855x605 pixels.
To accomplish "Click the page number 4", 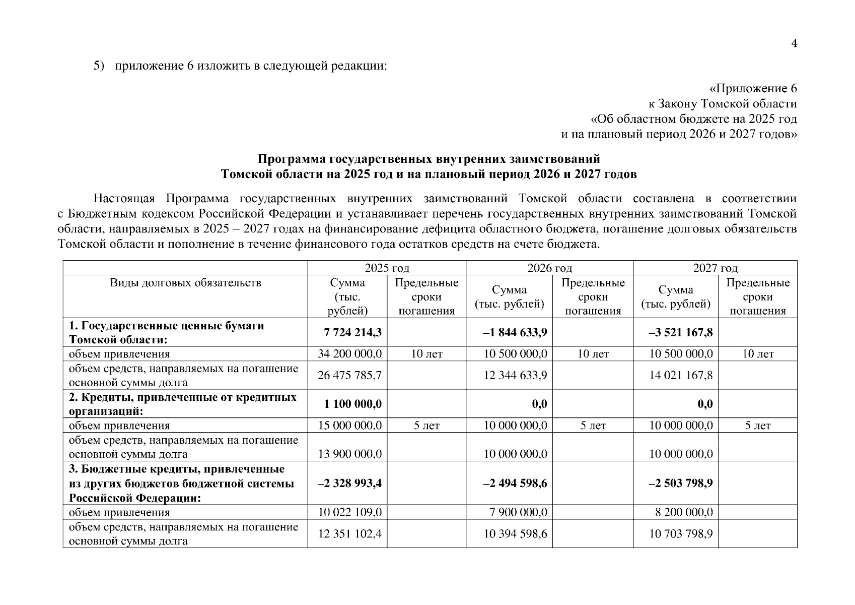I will click(794, 44).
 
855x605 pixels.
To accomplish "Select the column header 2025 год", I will click(387, 268).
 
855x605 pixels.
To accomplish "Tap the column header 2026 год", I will click(549, 268).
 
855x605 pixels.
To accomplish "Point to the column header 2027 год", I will click(715, 268).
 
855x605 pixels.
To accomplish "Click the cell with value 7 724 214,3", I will click(352, 332).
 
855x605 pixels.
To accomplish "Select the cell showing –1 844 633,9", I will click(515, 332).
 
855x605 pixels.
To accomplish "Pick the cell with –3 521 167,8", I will click(680, 332).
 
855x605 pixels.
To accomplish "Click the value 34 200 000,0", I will click(349, 354).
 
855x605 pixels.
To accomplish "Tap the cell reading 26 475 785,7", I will click(349, 376).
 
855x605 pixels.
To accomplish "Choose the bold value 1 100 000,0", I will click(352, 404).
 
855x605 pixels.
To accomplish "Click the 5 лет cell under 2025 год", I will click(426, 426).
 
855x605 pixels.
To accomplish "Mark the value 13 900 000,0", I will click(349, 454).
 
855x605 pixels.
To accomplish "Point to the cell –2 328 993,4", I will click(349, 483).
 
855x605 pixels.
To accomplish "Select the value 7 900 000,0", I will click(518, 512).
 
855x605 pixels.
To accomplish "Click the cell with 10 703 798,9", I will click(680, 533).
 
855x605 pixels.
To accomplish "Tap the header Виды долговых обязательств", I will click(185, 283).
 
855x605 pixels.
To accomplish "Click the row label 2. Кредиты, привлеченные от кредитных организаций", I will click(182, 404).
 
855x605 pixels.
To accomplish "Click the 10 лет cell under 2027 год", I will click(757, 354).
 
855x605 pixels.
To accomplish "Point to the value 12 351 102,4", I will click(349, 533).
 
